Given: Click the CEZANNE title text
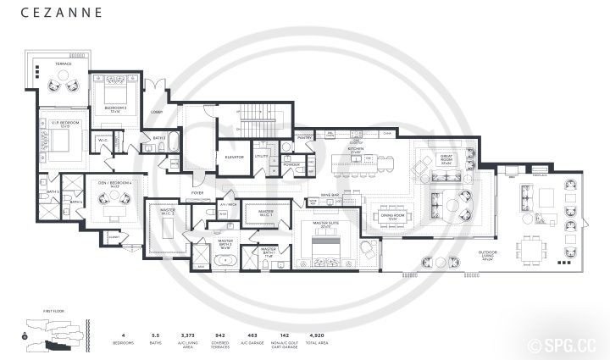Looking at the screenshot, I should click(x=62, y=14).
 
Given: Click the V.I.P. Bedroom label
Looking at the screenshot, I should click(x=64, y=124).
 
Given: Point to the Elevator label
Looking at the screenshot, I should click(x=235, y=157).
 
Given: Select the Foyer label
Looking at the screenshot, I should click(x=197, y=193).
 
